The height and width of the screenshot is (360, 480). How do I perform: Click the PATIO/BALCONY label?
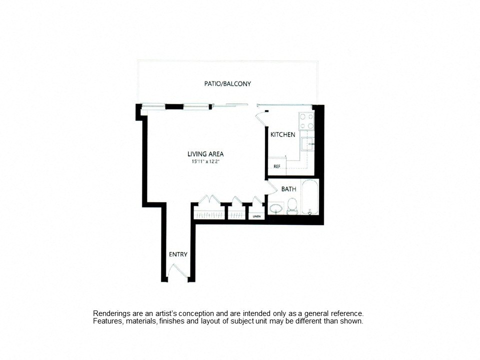click(227, 83)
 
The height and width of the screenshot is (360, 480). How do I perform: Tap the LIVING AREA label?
click(205, 154)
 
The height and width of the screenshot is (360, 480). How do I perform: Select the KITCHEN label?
click(283, 134)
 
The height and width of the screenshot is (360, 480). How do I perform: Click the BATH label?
click(288, 189)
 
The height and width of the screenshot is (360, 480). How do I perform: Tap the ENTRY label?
click(178, 254)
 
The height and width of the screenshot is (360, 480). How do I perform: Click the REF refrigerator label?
click(277, 166)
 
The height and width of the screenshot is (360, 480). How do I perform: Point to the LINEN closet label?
click(256, 216)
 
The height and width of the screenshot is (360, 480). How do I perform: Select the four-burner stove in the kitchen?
click(306, 121)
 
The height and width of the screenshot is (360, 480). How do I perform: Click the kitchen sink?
click(307, 144)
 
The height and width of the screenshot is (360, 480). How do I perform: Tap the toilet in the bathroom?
click(292, 206)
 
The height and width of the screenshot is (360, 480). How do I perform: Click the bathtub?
click(310, 197)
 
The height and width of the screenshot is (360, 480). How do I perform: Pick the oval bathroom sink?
click(277, 209)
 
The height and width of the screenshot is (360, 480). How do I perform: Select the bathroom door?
click(270, 186)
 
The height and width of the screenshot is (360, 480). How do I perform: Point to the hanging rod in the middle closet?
click(236, 215)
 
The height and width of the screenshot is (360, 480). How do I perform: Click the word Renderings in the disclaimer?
click(111, 314)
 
